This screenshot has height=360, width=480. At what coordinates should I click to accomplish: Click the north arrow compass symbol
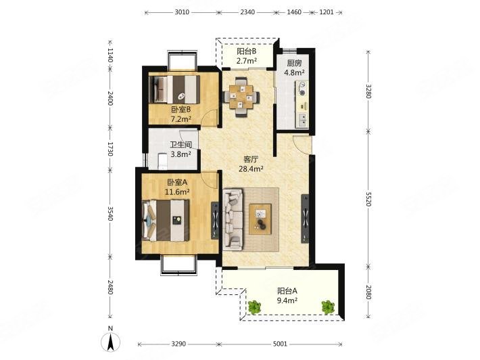pos(110,341)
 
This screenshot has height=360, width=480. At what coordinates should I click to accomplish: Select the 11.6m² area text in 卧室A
pos(177,192)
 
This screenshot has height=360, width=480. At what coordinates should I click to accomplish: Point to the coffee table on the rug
pos(260,219)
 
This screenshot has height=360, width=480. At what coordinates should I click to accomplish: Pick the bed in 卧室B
pos(174,89)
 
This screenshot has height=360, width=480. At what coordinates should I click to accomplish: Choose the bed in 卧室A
pos(166,221)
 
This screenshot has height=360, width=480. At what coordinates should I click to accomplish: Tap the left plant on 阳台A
pos(254,307)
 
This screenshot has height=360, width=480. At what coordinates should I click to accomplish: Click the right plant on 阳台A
pos(328,307)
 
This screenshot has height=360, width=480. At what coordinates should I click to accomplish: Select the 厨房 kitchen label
pos(294,64)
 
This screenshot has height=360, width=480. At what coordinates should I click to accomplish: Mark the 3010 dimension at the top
pos(182,12)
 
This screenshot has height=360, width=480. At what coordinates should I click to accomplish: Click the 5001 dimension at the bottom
pos(280,344)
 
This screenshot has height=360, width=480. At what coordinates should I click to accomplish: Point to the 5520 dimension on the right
pos(368,199)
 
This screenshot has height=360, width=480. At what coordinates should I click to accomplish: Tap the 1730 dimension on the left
pos(110,149)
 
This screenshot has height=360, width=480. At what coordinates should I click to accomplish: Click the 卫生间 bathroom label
pos(181,145)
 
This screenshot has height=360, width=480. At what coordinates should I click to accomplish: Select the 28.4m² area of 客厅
pos(251,168)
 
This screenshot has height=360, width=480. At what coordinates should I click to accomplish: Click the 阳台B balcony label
pos(246,51)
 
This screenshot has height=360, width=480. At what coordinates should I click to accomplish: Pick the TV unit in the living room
pos(305,219)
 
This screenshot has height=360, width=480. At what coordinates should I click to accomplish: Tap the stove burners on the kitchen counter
pos(302,89)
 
